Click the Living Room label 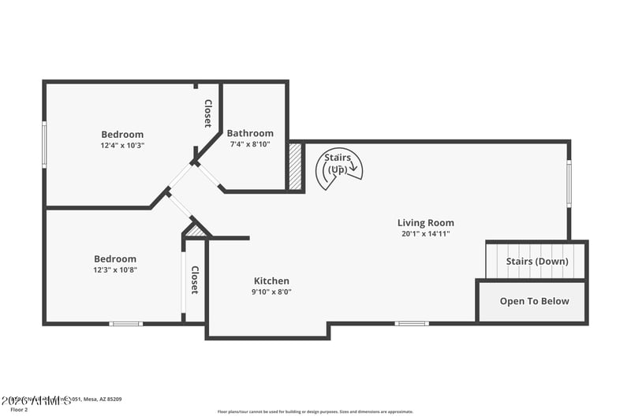(x=425, y=223)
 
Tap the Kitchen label (x=271, y=281)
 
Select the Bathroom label (x=250, y=133)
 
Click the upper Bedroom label (x=122, y=134)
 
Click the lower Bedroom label (x=115, y=258)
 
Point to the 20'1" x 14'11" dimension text (x=425, y=234)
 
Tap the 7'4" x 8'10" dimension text (x=250, y=144)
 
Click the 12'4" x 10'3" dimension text (x=122, y=145)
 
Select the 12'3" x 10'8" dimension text (x=115, y=269)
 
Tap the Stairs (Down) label (x=536, y=262)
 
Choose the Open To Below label (x=534, y=301)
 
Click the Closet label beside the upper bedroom (x=207, y=113)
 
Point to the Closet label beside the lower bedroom (x=194, y=280)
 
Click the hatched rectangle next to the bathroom (x=296, y=166)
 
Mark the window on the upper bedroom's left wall (x=45, y=144)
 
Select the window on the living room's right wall (x=569, y=184)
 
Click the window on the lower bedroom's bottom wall (x=125, y=323)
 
